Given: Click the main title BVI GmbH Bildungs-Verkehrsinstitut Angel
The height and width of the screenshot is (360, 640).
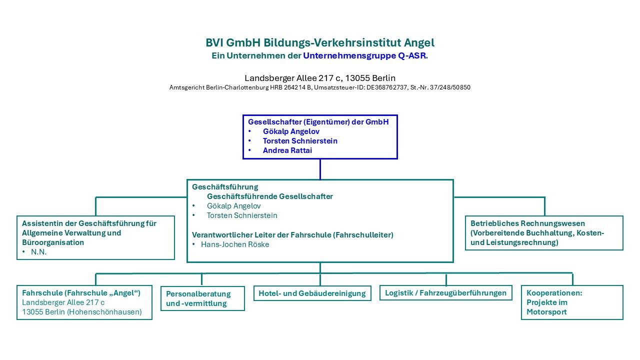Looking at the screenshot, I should click(320, 42).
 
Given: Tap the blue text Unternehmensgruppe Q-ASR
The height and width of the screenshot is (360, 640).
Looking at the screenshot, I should click(365, 55).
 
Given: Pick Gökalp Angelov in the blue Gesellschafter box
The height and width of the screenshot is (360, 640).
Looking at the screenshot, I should click(291, 131).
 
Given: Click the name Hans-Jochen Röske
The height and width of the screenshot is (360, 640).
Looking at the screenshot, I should click(235, 244).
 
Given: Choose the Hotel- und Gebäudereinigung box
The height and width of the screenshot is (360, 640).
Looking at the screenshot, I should click(312, 293).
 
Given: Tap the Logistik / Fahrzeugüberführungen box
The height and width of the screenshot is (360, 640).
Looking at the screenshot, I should click(445, 293).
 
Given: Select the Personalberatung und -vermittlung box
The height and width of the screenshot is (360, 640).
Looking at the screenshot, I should click(202, 298).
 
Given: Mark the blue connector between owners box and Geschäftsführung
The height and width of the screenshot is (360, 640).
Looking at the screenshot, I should click(320, 169).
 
